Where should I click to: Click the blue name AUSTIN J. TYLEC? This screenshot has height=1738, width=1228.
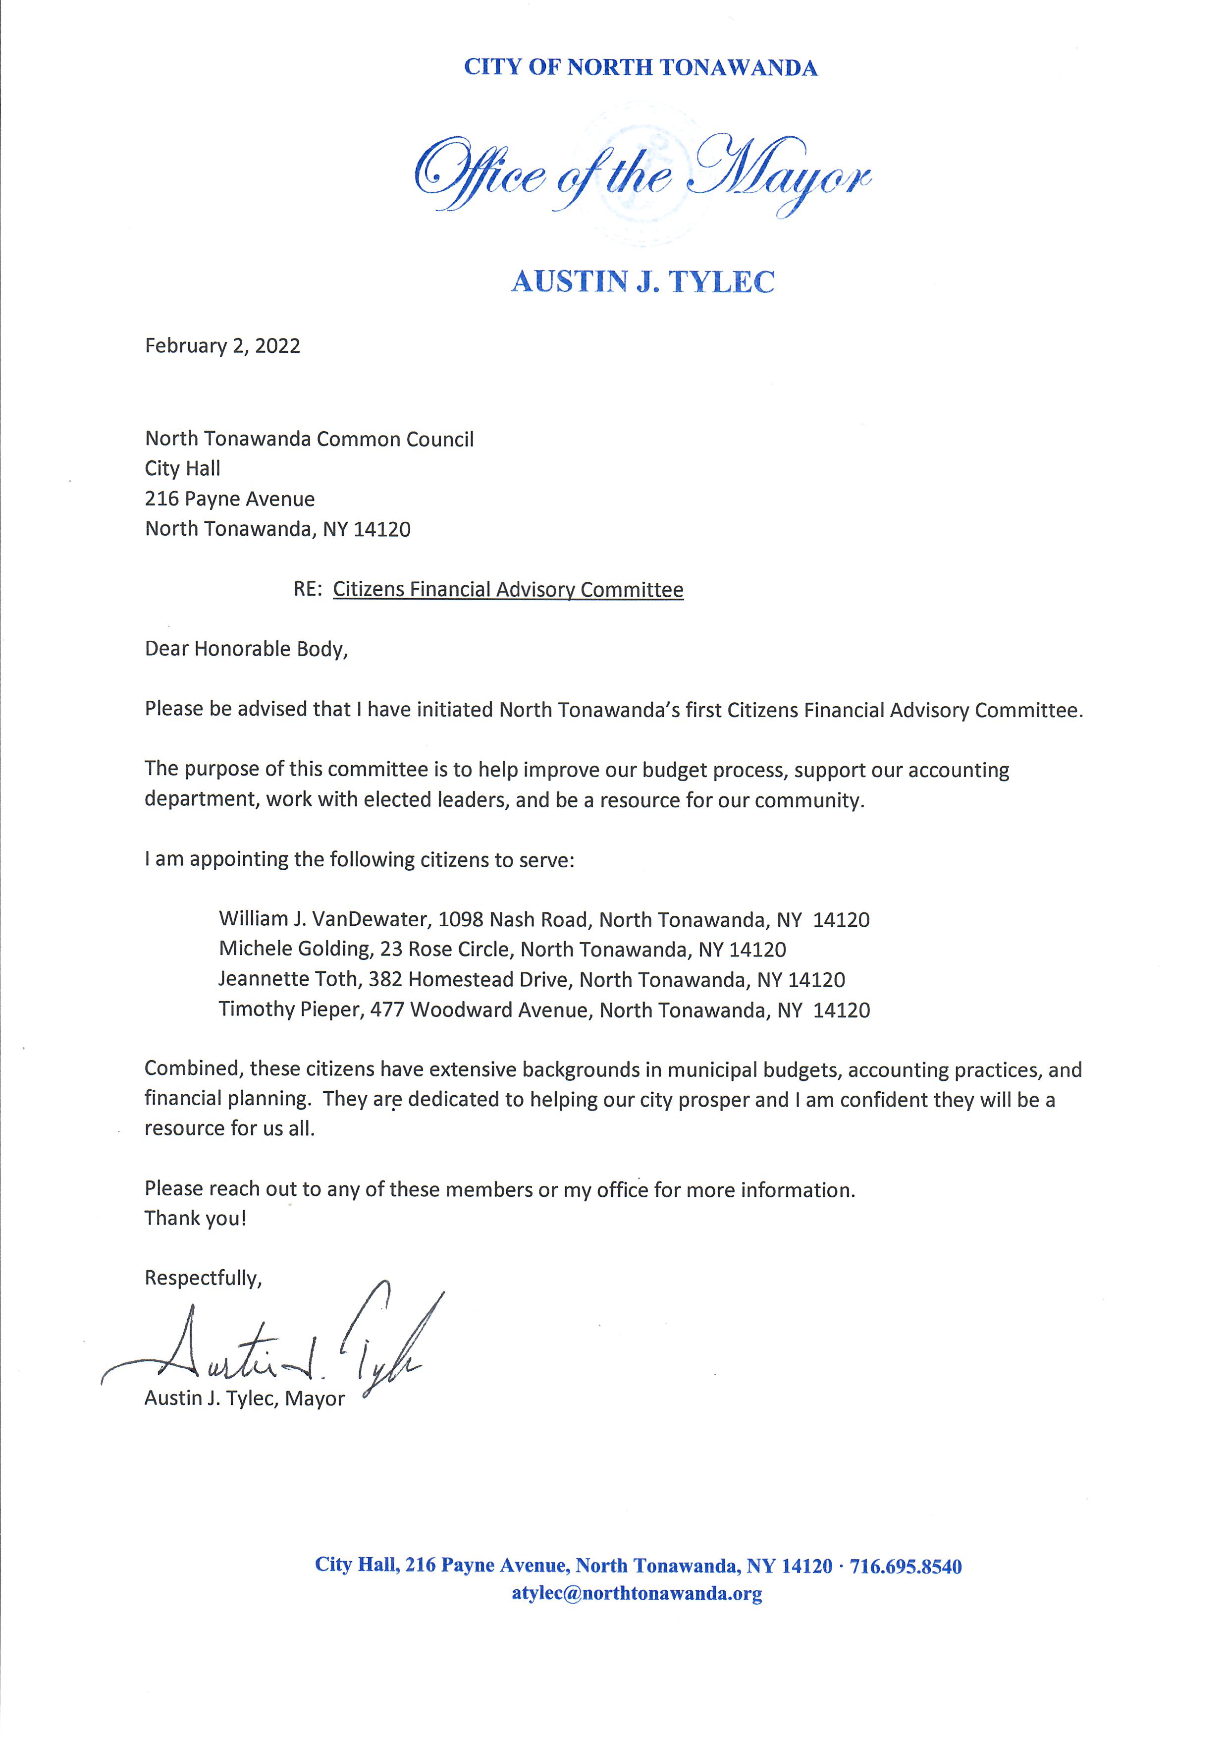pos(642,281)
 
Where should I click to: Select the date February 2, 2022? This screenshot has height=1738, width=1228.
pos(222,346)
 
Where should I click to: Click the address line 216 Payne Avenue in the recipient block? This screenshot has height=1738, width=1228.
pos(229,499)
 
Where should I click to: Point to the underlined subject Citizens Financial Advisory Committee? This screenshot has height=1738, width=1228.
pos(508,590)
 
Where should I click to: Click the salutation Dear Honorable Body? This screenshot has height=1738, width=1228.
pos(246,649)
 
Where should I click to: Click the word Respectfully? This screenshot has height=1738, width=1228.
pos(203,1278)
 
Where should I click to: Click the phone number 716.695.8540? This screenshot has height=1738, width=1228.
pos(906,1566)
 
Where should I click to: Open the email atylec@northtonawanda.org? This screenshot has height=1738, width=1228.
pos(637,1593)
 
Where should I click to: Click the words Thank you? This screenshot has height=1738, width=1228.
pos(195,1218)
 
